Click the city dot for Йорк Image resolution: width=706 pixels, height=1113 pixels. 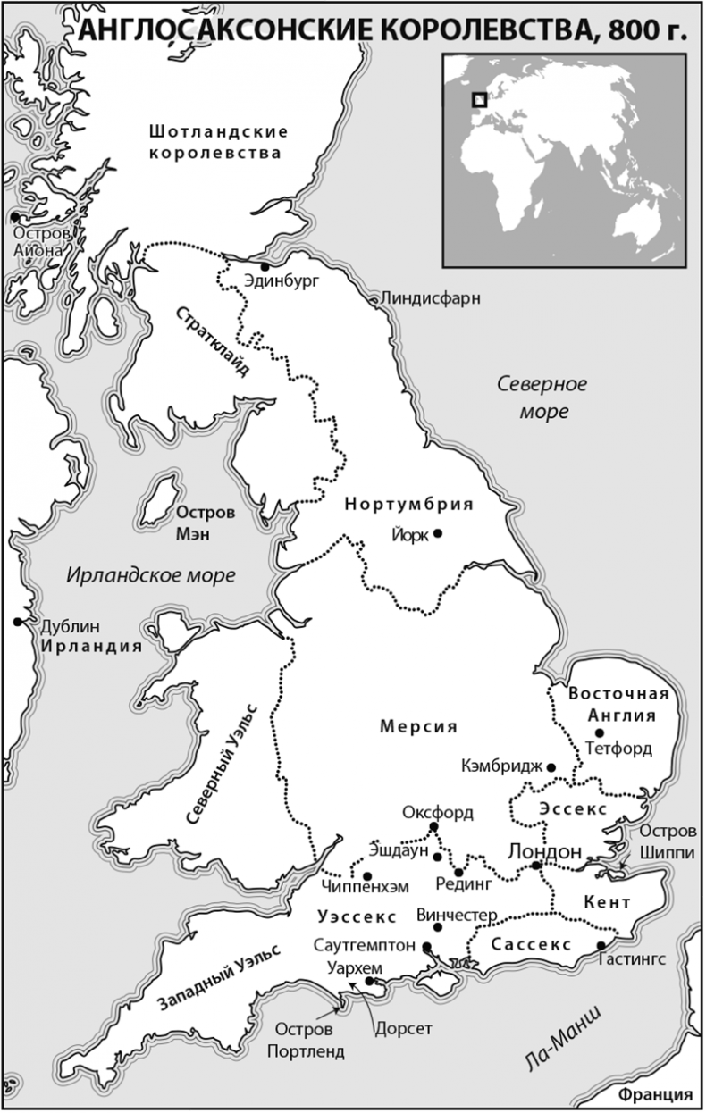438,533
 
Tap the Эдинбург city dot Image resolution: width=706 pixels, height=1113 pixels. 265,266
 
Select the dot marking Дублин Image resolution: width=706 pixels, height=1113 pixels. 17,622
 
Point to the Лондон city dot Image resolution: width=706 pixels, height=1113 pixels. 535,865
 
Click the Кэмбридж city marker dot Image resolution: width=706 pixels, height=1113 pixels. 552,766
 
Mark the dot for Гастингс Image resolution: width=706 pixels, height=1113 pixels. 601,945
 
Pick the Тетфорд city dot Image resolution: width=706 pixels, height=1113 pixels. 587,732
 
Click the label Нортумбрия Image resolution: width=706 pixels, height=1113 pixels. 408,504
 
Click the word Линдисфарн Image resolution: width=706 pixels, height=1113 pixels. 431,297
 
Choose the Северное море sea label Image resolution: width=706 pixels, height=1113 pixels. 542,397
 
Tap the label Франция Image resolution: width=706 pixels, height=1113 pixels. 660,1095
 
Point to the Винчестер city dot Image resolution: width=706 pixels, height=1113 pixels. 437,927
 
